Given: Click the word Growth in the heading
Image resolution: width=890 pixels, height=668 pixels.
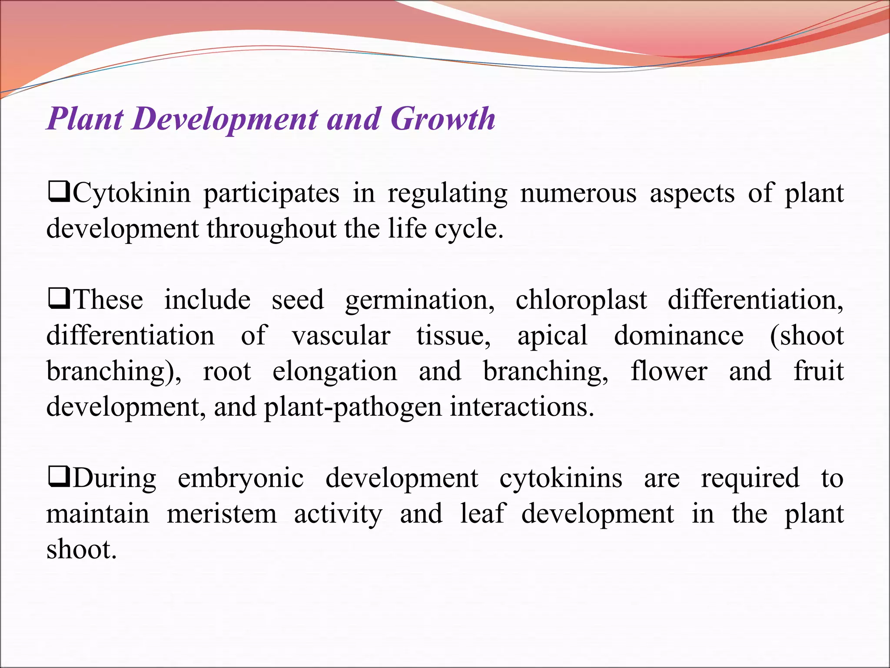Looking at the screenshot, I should click(x=442, y=118).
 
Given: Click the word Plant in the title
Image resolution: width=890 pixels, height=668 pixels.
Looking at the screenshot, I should click(x=85, y=118).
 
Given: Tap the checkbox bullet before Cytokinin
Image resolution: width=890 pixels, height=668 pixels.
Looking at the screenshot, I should click(x=59, y=193).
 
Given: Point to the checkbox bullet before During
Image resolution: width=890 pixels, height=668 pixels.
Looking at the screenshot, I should click(x=59, y=478).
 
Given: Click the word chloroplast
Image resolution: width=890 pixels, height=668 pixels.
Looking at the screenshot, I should click(x=581, y=300).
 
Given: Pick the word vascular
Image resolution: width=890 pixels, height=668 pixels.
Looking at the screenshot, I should click(x=341, y=336).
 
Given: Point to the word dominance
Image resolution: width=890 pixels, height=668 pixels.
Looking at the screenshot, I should click(x=678, y=336).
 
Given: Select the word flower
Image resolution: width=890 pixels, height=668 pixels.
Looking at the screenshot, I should click(x=669, y=371).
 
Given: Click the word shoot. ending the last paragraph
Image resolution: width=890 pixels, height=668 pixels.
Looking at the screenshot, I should click(x=81, y=549).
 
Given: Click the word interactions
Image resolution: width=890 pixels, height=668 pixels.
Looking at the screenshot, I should click(x=521, y=407).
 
